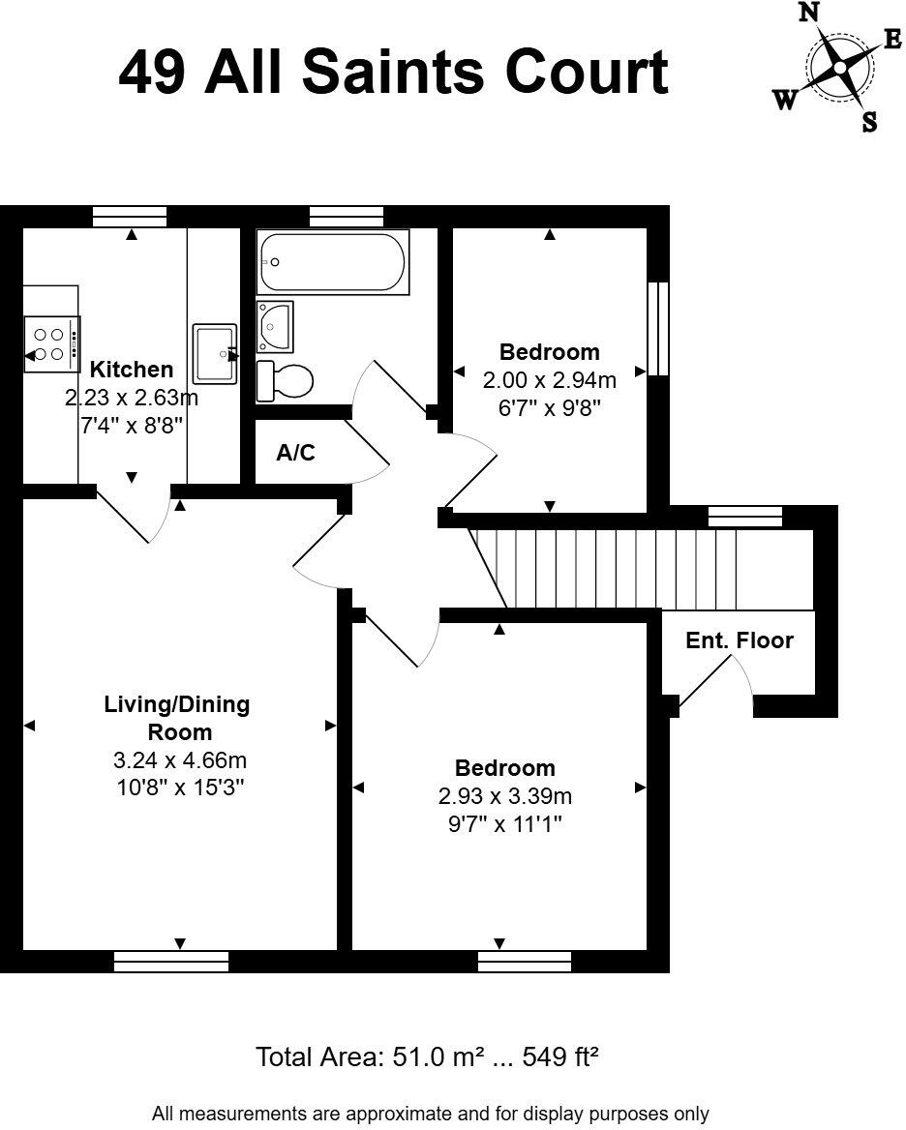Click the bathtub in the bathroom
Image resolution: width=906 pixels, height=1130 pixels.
coord(332,262)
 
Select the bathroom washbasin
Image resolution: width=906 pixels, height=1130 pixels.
coord(275,326)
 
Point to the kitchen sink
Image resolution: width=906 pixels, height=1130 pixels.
coord(215,354)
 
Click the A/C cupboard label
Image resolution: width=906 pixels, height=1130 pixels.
coord(295,453)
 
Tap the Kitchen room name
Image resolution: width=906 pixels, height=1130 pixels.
coord(132,369)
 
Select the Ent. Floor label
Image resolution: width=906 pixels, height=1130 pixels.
coord(740,640)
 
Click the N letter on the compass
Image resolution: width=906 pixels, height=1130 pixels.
coord(808,13)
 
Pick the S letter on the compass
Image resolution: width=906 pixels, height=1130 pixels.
coord(869,122)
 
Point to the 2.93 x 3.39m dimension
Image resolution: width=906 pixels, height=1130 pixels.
coord(505,796)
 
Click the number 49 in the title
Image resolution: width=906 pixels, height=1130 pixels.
coord(154,74)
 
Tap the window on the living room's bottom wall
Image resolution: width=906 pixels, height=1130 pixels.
coord(171,961)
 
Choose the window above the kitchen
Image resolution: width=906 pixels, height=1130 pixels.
coord(130,217)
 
